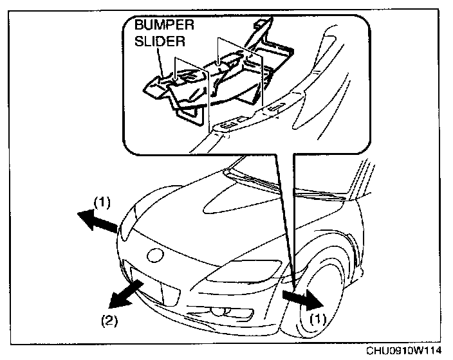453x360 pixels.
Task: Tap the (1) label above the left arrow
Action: (x=103, y=201)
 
